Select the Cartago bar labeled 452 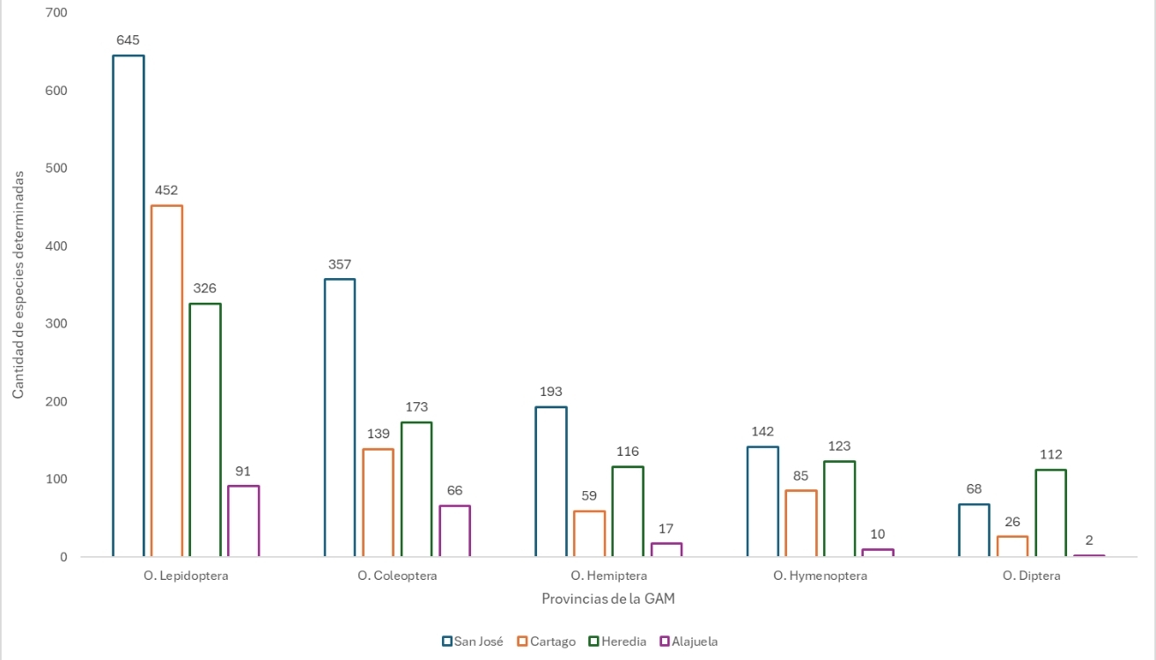point(166,381)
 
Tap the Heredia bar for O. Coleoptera point(416,489)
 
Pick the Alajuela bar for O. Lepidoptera point(243,521)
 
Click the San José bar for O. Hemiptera point(551,481)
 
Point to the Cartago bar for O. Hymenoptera point(800,524)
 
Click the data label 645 point(129,40)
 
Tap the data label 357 point(340,264)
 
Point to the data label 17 point(666,529)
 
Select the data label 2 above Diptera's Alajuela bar point(1089,540)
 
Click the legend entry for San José point(473,642)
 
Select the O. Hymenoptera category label point(821,576)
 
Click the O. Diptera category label point(1031,576)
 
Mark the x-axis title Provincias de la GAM point(608,598)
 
